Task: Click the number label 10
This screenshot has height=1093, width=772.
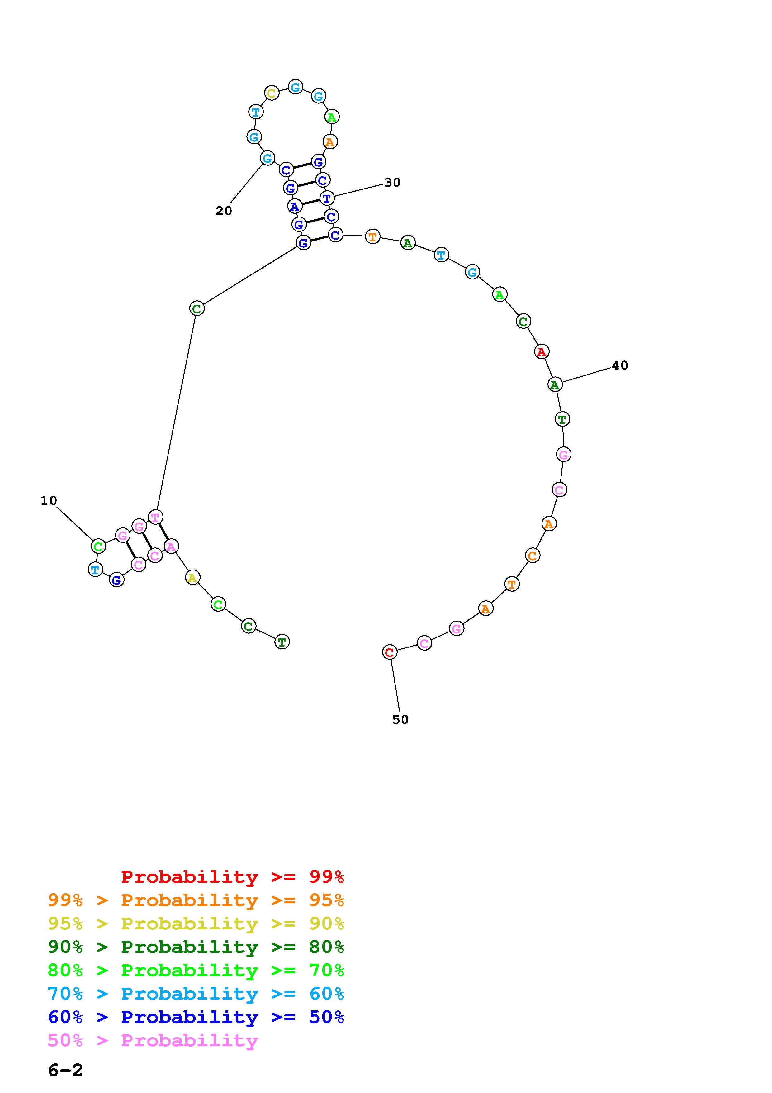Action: tap(49, 500)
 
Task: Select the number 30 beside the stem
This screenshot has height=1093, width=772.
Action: tap(392, 182)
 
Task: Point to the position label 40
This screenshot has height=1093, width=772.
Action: tap(620, 365)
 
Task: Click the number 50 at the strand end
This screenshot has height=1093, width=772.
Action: tap(400, 719)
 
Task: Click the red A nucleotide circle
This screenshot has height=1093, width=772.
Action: tap(541, 351)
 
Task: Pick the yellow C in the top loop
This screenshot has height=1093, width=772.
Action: tap(272, 93)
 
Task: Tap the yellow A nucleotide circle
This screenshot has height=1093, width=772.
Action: tap(192, 577)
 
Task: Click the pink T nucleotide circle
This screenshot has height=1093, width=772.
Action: tap(155, 517)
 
